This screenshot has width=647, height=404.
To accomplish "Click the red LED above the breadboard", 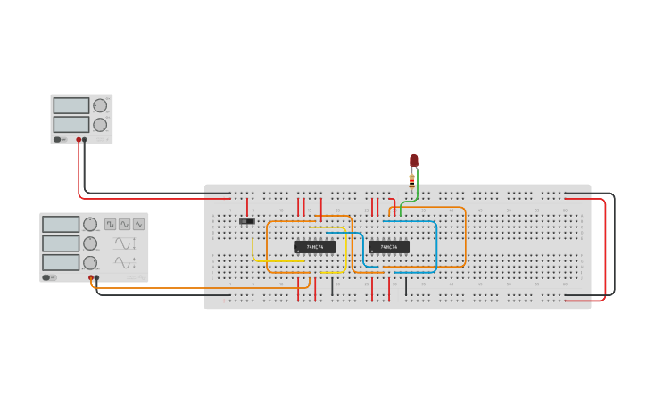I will click(x=414, y=161).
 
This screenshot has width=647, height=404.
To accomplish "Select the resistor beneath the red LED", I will click(x=411, y=178).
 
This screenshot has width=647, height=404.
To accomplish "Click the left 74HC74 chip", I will click(x=315, y=247).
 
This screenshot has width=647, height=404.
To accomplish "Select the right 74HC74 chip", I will click(x=389, y=247).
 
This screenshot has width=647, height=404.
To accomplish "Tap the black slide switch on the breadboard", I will click(x=247, y=221).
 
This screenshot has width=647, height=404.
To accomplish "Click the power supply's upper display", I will click(x=71, y=106).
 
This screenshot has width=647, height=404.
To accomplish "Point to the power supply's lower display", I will click(x=71, y=124).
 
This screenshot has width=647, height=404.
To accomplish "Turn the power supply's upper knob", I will click(x=100, y=105).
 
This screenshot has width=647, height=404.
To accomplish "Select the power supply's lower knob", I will click(x=100, y=125).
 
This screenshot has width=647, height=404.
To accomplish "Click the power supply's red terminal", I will click(x=79, y=140).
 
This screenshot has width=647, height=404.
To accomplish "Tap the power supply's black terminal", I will click(x=85, y=140).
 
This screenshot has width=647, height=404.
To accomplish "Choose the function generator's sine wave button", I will click(x=138, y=225).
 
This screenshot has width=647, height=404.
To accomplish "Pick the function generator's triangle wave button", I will click(x=124, y=225).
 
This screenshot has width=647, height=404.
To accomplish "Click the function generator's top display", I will click(x=61, y=225).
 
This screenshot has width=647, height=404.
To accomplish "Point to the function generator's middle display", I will click(x=61, y=243).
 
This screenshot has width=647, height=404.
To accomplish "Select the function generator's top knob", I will click(x=90, y=225).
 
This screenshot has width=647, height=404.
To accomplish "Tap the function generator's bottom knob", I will click(x=90, y=263).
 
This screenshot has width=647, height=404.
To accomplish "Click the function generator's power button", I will click(x=46, y=277).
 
